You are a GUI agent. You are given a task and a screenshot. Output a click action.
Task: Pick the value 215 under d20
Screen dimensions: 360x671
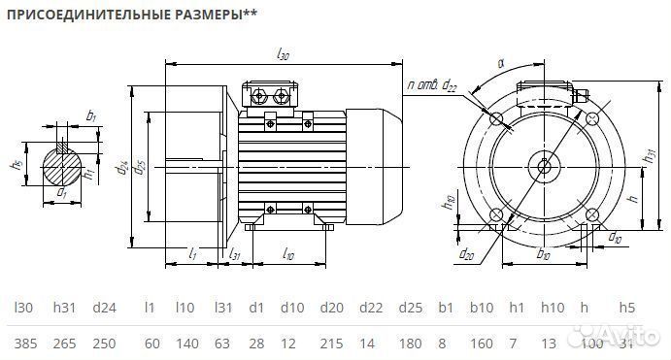pos(333,344)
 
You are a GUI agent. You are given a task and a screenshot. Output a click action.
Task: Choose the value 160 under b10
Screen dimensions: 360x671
pos(482,344)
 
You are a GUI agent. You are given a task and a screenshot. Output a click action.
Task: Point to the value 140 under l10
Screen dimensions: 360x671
pos(185,344)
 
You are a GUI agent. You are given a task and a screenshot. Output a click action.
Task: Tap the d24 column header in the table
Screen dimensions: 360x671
pos(104,308)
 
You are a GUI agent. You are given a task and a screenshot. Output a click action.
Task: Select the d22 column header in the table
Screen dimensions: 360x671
pos(370,308)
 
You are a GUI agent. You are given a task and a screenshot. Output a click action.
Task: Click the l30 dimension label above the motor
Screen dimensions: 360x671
pos(284,55)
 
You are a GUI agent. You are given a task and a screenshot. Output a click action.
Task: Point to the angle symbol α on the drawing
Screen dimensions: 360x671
pos(501,63)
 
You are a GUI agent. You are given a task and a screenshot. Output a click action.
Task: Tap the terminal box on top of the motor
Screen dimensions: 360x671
pos(272,95)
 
